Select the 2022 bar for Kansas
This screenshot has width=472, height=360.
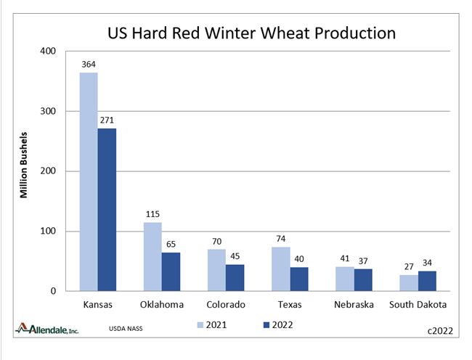(x=107, y=210)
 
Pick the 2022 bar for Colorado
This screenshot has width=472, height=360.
(x=235, y=277)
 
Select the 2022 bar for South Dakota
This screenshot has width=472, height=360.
(x=427, y=281)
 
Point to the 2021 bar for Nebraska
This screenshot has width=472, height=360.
(x=345, y=279)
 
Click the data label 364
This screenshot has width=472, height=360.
(x=89, y=65)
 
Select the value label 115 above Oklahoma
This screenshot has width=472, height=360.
(x=152, y=215)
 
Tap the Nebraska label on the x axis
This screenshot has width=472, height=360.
(x=354, y=305)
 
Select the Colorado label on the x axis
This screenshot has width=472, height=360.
(x=226, y=305)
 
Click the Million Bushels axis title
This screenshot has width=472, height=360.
(x=23, y=165)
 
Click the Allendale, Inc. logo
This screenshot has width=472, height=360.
(x=48, y=330)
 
